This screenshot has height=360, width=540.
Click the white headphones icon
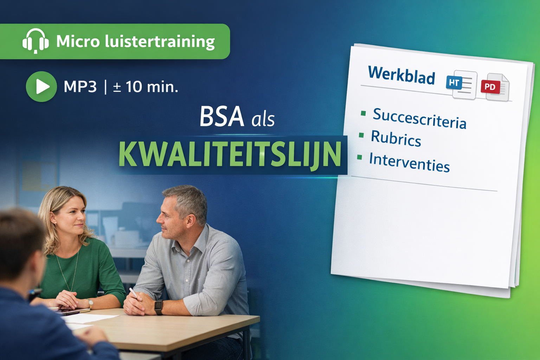point(36,41)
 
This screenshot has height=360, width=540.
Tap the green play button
point(41,86)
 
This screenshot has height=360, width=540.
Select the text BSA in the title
point(221,117)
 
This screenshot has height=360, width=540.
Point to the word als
point(263,120)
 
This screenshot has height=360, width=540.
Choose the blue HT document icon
point(461,84)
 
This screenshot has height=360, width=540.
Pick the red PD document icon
point(495,87)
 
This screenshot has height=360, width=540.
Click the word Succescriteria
point(419,118)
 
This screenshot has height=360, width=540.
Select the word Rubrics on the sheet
point(396,138)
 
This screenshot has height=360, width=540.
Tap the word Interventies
point(409,162)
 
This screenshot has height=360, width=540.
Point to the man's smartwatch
point(159,307)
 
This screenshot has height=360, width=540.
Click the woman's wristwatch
point(90,302)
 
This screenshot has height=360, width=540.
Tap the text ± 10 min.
point(146,87)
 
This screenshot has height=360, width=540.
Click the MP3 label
point(80,87)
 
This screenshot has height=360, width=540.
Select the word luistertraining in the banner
point(160,41)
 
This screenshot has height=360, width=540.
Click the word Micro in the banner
point(78,41)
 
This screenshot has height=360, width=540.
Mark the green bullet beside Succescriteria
point(363,113)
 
